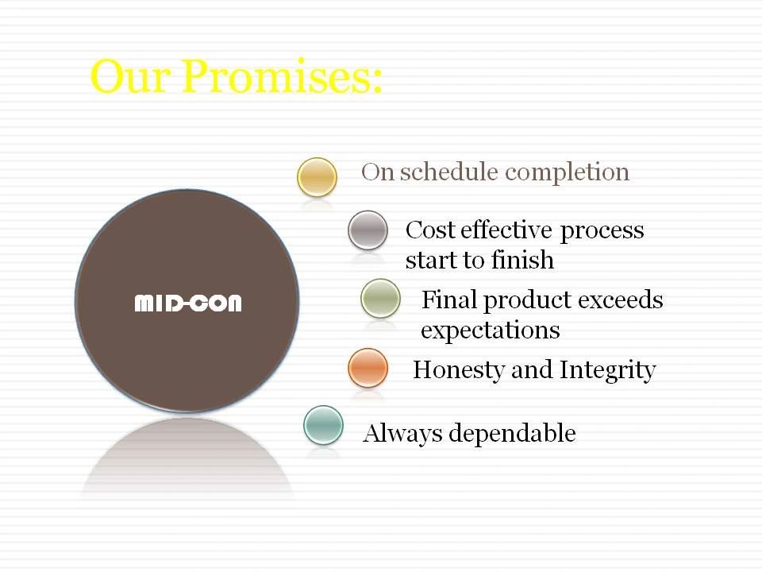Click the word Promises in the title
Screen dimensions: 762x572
(x=283, y=76)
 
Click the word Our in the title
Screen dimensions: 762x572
(x=130, y=76)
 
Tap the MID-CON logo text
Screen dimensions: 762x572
(x=187, y=303)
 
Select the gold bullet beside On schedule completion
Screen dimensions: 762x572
(x=317, y=177)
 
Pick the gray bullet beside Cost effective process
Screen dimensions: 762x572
(x=368, y=230)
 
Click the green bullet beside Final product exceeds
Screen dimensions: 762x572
(x=380, y=298)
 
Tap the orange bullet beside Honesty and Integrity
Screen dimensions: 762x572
(x=368, y=368)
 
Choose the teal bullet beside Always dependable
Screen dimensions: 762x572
(x=323, y=425)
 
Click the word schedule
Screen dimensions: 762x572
(x=449, y=172)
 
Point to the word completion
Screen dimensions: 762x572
(x=567, y=173)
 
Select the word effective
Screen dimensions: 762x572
(x=506, y=230)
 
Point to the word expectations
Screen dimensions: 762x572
(x=491, y=330)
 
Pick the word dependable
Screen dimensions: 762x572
(x=512, y=433)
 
